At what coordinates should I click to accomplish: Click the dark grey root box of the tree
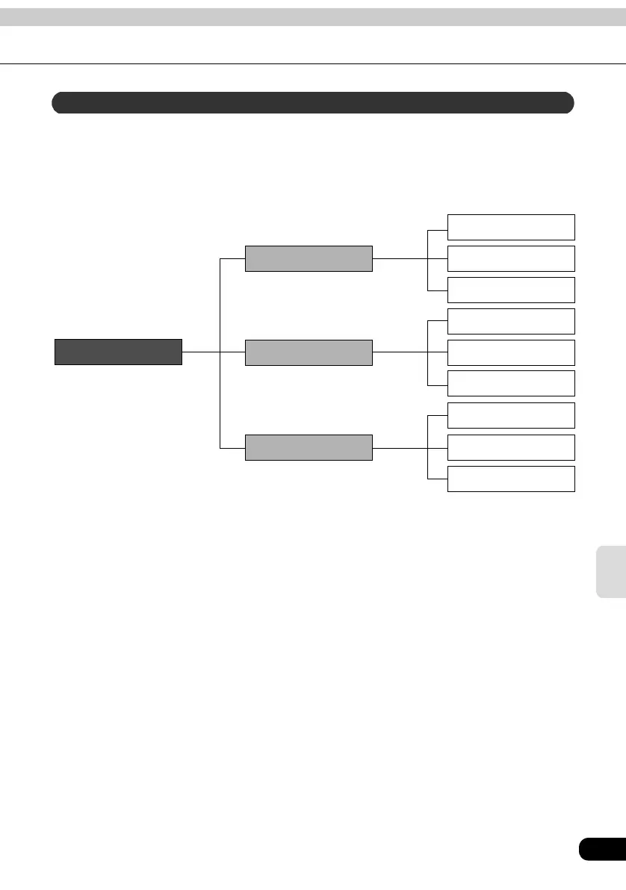click(118, 352)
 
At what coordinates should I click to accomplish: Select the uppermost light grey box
click(309, 258)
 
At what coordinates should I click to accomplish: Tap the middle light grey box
click(309, 352)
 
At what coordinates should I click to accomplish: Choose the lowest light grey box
click(309, 447)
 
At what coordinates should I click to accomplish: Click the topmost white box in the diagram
click(511, 227)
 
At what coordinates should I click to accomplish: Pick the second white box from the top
click(511, 258)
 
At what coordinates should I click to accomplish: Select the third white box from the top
click(511, 289)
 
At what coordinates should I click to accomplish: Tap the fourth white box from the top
click(511, 321)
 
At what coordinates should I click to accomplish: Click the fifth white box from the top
click(511, 352)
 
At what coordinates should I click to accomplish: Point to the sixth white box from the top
click(511, 383)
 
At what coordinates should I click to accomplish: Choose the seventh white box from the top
click(511, 415)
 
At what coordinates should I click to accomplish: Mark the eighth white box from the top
click(511, 447)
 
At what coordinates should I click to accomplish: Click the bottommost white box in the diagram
click(511, 479)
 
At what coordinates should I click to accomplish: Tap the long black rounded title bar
click(312, 102)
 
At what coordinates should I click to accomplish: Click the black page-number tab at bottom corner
click(602, 849)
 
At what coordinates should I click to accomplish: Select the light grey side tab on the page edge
click(611, 571)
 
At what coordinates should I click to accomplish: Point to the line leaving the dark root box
click(200, 352)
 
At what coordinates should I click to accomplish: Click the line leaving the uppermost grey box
click(400, 258)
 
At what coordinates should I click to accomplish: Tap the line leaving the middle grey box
click(400, 352)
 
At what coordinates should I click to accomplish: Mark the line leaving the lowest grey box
click(400, 447)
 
